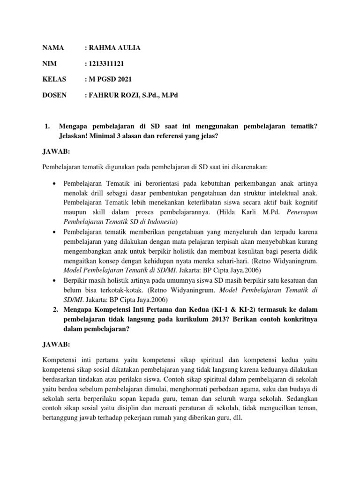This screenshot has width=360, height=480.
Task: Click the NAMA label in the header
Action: [x=52, y=48]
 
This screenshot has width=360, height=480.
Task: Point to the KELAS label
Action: [x=54, y=79]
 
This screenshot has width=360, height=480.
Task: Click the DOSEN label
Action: [x=54, y=95]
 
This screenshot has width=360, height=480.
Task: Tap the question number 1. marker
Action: [x=46, y=126]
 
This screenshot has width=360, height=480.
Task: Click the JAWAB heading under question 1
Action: [x=56, y=152]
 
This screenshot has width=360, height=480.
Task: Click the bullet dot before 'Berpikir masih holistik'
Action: [x=55, y=280]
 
